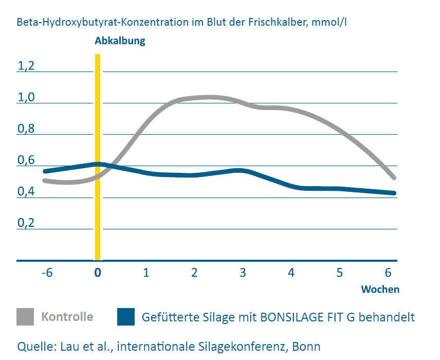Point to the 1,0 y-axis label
(26, 97)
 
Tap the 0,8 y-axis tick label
(26, 129)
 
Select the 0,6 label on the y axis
(26, 160)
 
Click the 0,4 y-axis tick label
(26, 192)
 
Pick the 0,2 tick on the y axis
(26, 223)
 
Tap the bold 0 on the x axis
(98, 273)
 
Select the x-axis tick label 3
(243, 273)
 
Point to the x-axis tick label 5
(340, 273)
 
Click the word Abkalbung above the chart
(120, 41)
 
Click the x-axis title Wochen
(380, 289)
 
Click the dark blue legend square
(126, 316)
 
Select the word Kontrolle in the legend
(67, 316)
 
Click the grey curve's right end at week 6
(394, 177)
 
